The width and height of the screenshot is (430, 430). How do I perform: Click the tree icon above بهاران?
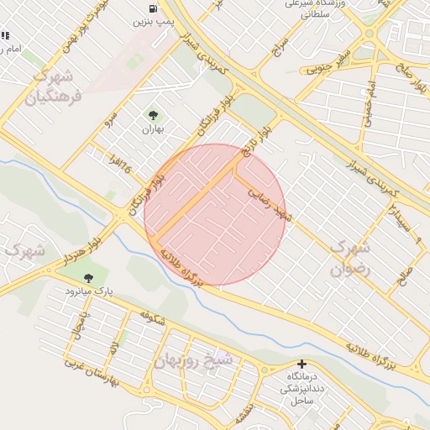153,116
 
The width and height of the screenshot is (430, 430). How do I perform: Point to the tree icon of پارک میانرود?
88,277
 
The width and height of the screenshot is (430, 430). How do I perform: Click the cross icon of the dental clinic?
302,364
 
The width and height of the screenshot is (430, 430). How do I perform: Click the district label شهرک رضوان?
351,260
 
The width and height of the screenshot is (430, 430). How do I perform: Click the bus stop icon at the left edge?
5,35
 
